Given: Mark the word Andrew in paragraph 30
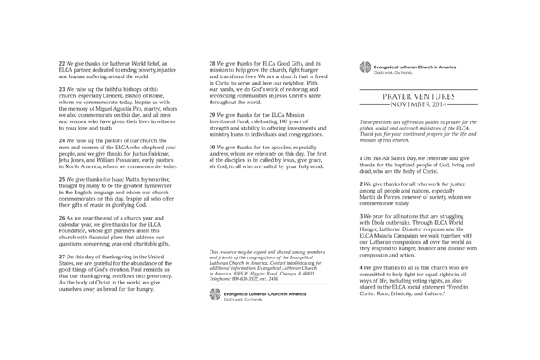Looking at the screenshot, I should [x=221, y=153].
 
